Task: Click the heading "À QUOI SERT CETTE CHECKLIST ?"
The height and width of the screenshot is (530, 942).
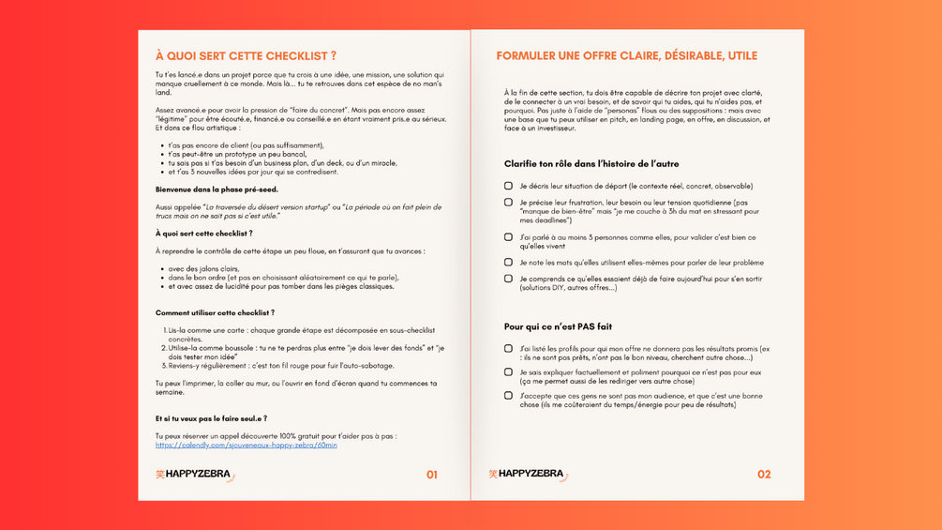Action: pos(246,56)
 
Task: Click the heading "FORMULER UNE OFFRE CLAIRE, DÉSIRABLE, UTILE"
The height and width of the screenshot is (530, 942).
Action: pos(626,56)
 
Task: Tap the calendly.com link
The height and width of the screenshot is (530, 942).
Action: pos(246,445)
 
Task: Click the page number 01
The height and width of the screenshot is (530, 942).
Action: pos(431,475)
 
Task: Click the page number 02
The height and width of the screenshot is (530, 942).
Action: pos(764,475)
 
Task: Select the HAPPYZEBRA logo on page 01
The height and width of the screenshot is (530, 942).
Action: pos(195,475)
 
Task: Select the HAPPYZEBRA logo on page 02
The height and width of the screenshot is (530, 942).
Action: pos(528,475)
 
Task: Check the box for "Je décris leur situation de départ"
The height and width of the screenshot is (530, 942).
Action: pos(508,186)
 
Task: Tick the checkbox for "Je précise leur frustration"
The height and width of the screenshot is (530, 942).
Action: pos(508,202)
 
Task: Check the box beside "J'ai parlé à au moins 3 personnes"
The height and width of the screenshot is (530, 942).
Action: pos(508,237)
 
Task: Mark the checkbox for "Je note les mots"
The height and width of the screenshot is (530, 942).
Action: pos(508,263)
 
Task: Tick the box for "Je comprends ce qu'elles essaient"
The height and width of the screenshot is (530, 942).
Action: pos(508,279)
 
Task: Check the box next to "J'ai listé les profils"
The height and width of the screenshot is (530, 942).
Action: pos(508,349)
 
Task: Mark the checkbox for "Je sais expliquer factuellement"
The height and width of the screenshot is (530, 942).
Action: pos(508,372)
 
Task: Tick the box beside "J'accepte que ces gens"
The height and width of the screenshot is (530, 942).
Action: pos(508,396)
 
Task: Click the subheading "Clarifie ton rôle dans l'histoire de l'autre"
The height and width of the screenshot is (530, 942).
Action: pos(591,164)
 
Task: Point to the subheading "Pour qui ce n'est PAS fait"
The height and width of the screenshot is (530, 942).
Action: pos(558,327)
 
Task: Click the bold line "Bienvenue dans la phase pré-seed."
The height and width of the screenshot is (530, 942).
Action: pos(217,189)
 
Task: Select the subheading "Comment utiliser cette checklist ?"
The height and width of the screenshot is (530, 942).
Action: pos(215,312)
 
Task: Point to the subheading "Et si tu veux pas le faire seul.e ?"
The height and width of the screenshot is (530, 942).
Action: pos(211,418)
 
